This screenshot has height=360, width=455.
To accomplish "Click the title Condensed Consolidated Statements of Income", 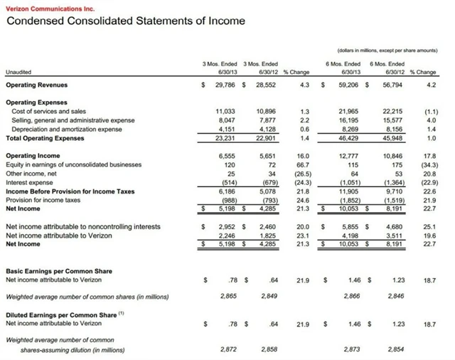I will point(125,21).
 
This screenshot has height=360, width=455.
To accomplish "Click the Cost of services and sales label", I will point(48,112).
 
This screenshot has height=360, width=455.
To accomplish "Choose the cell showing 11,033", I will point(225,112).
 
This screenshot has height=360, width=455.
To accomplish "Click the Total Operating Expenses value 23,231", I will point(225,137).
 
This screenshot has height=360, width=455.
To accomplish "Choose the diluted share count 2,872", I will point(227,350).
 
